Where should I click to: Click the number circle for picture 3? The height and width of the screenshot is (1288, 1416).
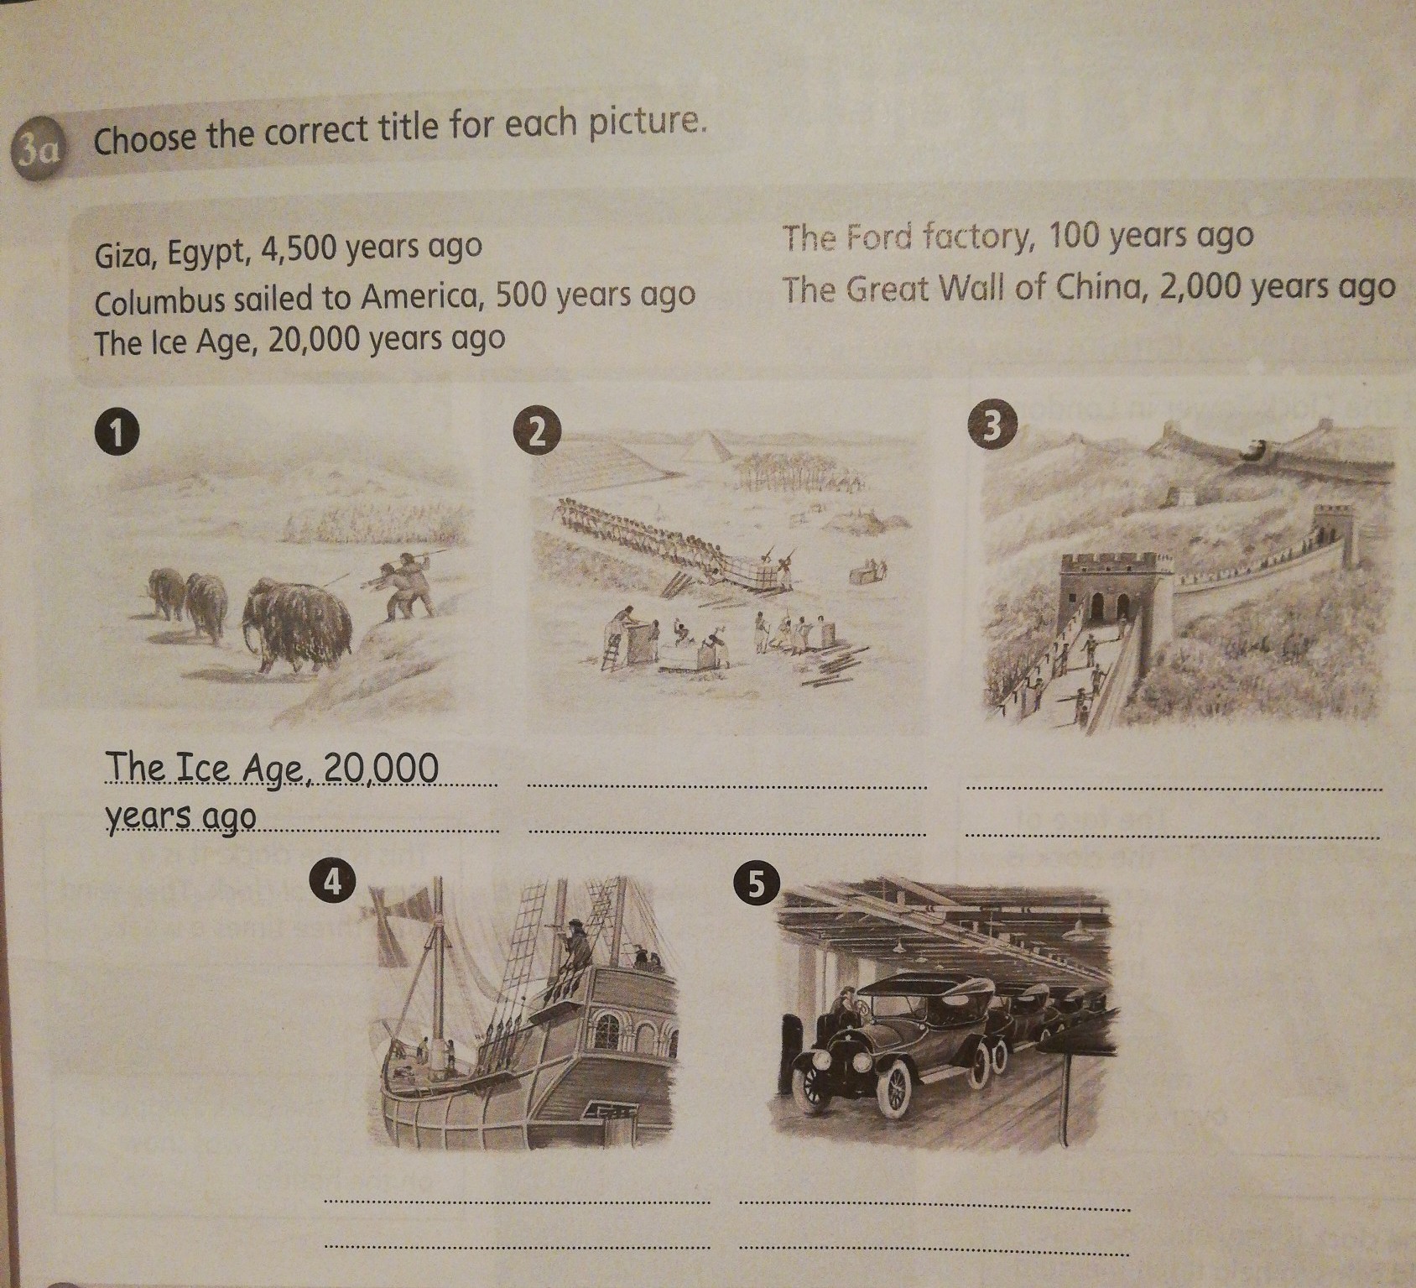point(992,426)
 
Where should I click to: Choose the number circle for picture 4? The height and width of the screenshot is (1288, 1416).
point(334,882)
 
